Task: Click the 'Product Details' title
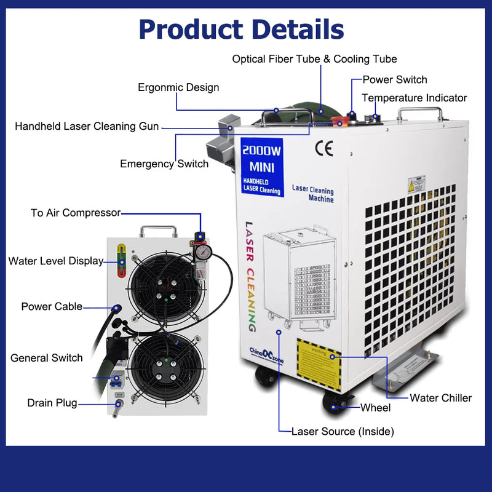[241, 29]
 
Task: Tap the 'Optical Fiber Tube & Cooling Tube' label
[314, 59]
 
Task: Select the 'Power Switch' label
[394, 79]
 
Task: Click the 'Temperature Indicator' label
[414, 98]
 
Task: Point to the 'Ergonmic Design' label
[178, 87]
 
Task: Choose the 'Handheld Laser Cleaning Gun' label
[87, 127]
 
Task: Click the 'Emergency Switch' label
[164, 164]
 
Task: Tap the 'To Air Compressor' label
[76, 213]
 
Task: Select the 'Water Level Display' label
[56, 261]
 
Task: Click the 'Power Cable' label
[52, 306]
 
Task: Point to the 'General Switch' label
[47, 357]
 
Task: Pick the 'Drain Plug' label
[52, 403]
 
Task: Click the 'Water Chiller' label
[440, 398]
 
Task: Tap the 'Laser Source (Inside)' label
[343, 431]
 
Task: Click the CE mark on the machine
[323, 149]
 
